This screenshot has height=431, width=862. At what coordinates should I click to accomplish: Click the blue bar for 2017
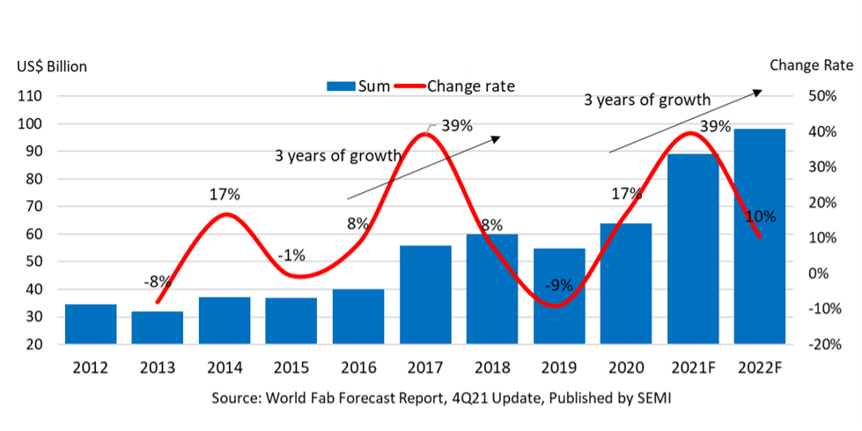pyautogui.click(x=425, y=294)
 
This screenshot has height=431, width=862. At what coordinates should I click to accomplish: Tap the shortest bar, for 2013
pyautogui.click(x=158, y=327)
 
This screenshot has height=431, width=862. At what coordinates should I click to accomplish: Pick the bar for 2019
pyautogui.click(x=559, y=296)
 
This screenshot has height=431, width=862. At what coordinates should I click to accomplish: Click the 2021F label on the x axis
pyautogui.click(x=694, y=368)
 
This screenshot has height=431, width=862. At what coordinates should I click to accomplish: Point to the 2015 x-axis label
pyautogui.click(x=291, y=368)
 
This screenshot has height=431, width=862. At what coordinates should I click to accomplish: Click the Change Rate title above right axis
pyautogui.click(x=811, y=65)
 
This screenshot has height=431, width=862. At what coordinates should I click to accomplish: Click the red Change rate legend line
pyautogui.click(x=410, y=86)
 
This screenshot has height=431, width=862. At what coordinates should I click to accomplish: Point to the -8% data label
pyautogui.click(x=157, y=282)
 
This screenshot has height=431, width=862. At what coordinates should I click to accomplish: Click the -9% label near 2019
pyautogui.click(x=558, y=285)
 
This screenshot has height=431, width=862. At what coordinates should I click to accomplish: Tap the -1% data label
pyautogui.click(x=291, y=256)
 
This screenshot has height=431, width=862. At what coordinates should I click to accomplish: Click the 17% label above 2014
pyautogui.click(x=225, y=194)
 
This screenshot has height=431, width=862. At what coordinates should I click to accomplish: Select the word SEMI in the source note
pyautogui.click(x=652, y=398)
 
